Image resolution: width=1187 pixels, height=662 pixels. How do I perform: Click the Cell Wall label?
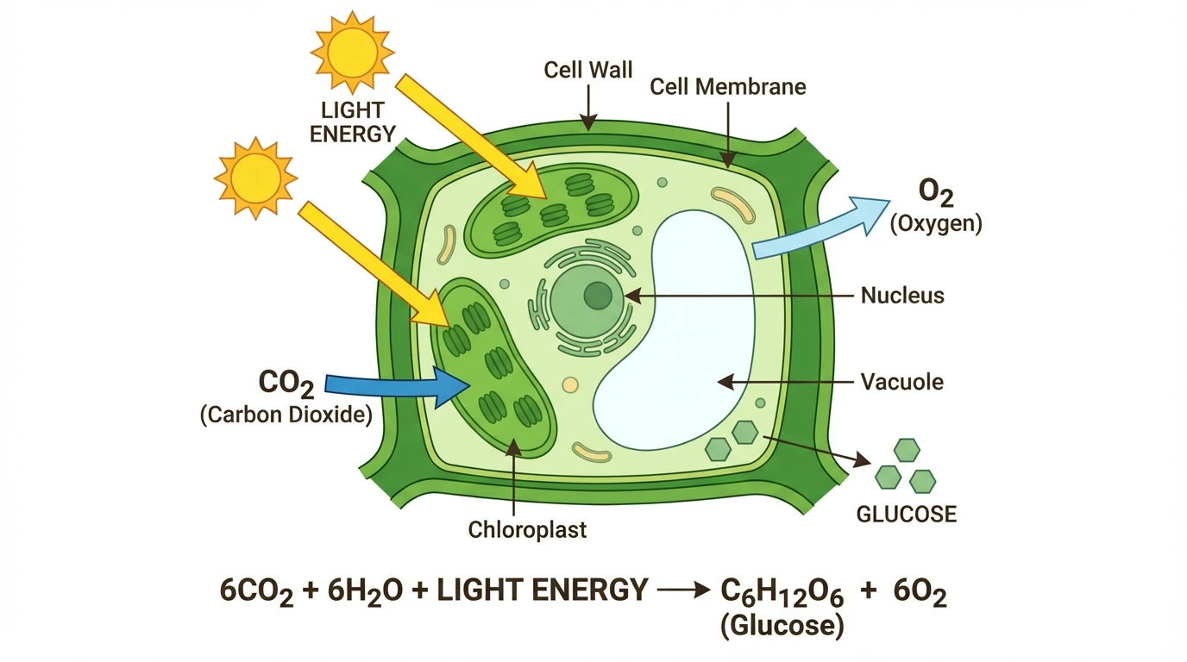click(588, 70)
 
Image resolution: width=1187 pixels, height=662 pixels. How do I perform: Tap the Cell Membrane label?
click(727, 87)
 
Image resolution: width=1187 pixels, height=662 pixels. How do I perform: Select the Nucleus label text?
click(902, 296)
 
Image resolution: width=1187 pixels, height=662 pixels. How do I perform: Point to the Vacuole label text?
click(902, 381)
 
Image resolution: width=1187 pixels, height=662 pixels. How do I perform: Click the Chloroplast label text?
click(527, 528)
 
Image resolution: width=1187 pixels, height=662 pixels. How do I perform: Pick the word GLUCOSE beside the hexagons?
click(906, 515)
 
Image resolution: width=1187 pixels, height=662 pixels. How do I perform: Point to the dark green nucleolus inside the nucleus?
click(597, 297)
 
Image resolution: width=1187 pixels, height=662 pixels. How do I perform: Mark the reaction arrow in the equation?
click(682, 592)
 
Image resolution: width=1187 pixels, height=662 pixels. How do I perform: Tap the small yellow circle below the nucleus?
click(569, 385)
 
